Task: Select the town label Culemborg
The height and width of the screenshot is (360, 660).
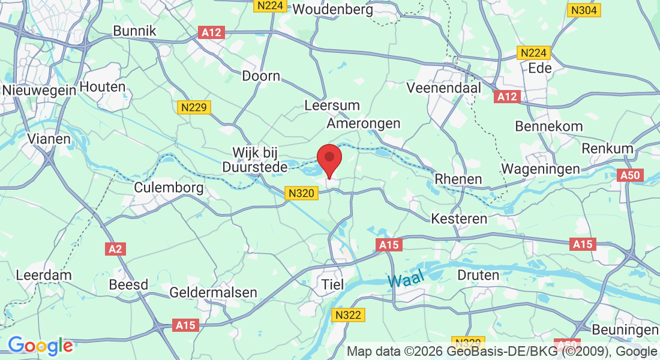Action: point(169,187)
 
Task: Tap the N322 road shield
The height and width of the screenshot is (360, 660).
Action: point(349,315)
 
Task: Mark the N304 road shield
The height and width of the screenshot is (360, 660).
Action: point(584,10)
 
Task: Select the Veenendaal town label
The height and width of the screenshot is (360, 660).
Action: point(445,88)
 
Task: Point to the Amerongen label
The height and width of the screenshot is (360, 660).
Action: point(363,124)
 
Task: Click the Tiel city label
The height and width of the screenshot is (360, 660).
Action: point(334,284)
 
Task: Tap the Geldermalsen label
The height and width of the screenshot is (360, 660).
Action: point(214,293)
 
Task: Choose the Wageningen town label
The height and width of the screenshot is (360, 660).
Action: point(541,169)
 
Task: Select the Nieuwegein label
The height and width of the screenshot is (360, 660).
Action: point(39,90)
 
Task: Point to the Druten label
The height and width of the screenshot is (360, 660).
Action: point(478,275)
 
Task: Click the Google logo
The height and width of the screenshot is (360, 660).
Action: point(40,346)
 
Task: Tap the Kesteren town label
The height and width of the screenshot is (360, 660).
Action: point(460,219)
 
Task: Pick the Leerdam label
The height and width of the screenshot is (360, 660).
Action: point(44,275)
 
